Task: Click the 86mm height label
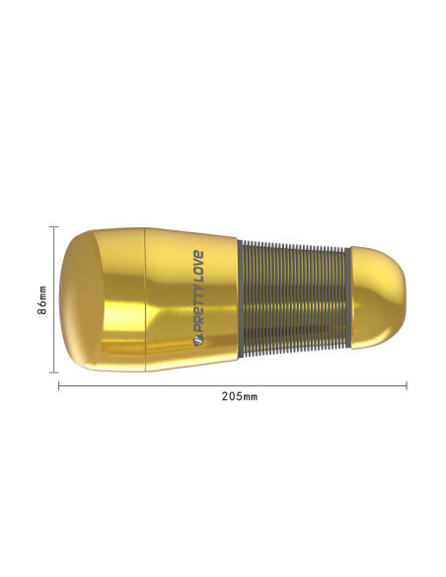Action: pyautogui.click(x=42, y=300)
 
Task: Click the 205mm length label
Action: pyautogui.click(x=240, y=397)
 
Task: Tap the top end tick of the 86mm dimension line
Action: pyautogui.click(x=53, y=227)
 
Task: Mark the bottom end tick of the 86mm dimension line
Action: pyautogui.click(x=53, y=372)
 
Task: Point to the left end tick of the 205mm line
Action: pyautogui.click(x=59, y=385)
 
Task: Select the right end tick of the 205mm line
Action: pyautogui.click(x=407, y=385)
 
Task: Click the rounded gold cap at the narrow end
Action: pyautogui.click(x=378, y=297)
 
